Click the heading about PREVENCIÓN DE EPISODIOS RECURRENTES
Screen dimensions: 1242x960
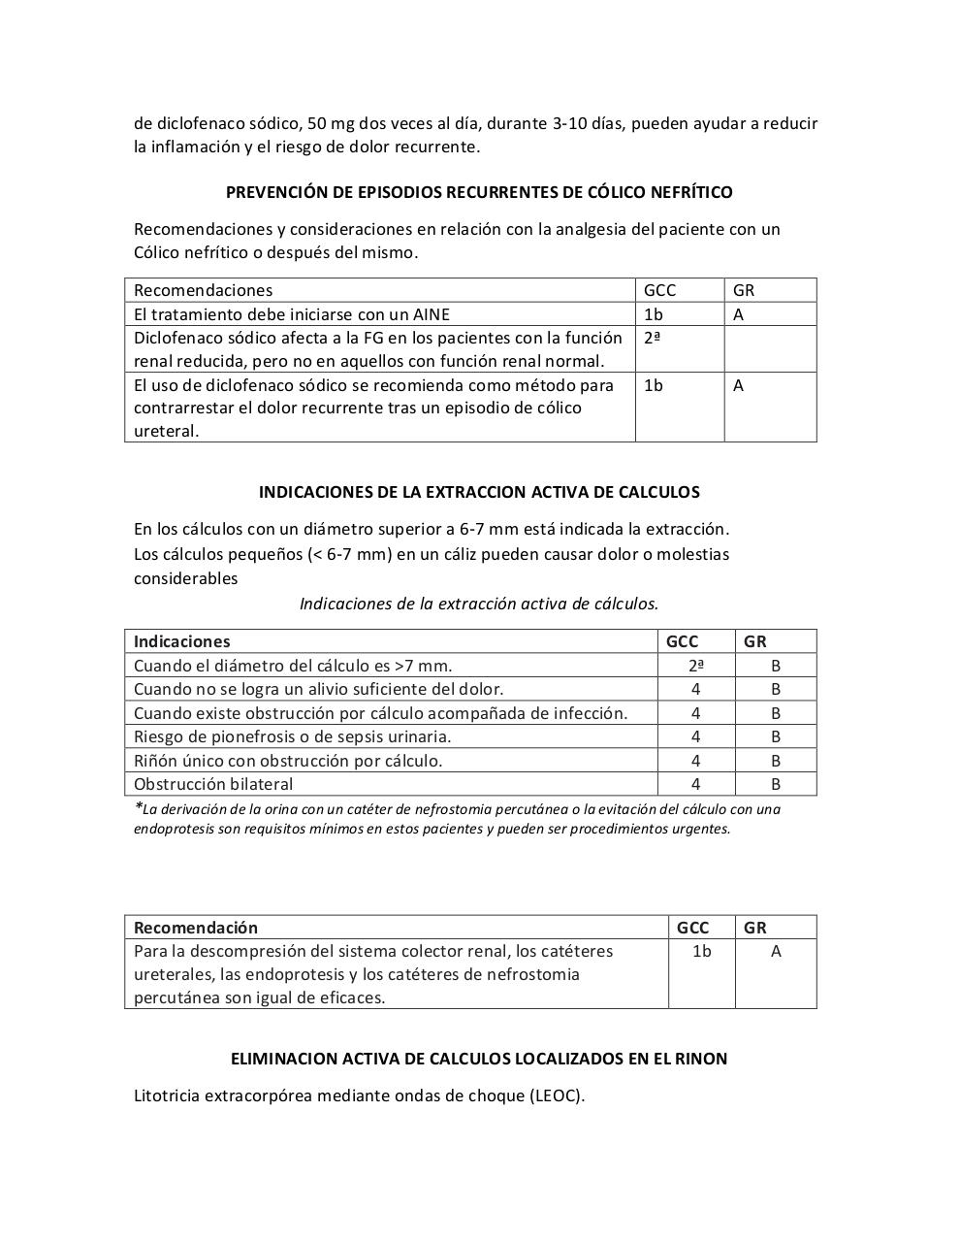coord(479,192)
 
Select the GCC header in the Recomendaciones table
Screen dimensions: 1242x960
coord(659,290)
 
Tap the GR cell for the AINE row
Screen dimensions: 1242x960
coord(739,314)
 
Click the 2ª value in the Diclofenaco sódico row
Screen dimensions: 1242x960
coord(652,339)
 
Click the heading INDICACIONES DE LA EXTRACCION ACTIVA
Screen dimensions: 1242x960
coord(479,492)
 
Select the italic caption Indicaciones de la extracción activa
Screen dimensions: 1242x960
coord(479,604)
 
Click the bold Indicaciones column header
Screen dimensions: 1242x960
coord(181,641)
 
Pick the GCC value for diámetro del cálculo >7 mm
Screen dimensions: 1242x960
coord(695,666)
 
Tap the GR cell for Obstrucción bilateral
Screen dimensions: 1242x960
coord(776,784)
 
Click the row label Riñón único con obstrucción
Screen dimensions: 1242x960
coord(288,761)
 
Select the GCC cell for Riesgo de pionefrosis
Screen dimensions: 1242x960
coord(695,736)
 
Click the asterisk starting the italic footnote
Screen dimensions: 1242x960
coord(138,807)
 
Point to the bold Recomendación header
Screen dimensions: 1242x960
coord(196,928)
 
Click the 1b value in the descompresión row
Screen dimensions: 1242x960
coord(701,952)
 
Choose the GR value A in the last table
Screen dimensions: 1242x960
coord(776,952)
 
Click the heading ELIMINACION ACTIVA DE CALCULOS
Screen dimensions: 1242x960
coord(479,1059)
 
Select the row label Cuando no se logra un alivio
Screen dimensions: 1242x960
coord(318,689)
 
